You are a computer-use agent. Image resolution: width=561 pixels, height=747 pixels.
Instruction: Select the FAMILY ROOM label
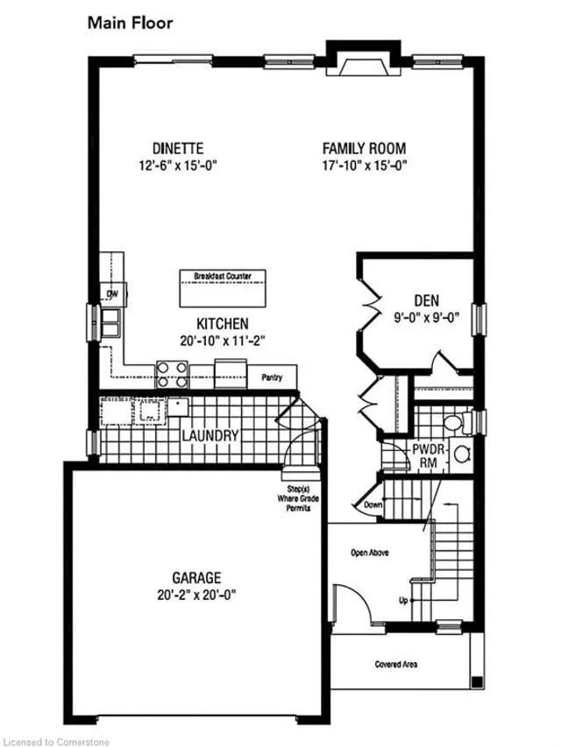[x=364, y=149]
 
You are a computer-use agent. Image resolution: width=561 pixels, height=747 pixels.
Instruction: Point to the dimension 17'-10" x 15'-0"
[x=364, y=165]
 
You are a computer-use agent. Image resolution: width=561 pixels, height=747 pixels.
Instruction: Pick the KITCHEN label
[x=222, y=323]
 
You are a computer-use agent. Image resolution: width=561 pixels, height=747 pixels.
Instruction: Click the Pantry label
[x=271, y=377]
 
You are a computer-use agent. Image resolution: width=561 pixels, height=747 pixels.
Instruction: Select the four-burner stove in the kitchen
[x=173, y=375]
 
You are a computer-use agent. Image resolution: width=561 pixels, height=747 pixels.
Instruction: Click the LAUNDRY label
[x=210, y=435]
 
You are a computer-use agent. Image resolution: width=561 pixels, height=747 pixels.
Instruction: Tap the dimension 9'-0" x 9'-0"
[x=427, y=319]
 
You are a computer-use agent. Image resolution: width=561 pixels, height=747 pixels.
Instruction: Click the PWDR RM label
[x=426, y=456]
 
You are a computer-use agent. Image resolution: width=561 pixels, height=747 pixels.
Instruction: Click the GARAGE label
[x=195, y=578]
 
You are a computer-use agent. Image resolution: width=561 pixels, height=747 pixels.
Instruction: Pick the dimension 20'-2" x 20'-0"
[x=195, y=594]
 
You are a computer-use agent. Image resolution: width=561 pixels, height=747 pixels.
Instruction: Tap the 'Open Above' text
[x=369, y=553]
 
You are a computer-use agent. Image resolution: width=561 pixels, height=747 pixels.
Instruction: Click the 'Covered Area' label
[x=395, y=665]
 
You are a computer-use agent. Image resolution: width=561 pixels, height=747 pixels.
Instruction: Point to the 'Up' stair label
[x=403, y=601]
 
